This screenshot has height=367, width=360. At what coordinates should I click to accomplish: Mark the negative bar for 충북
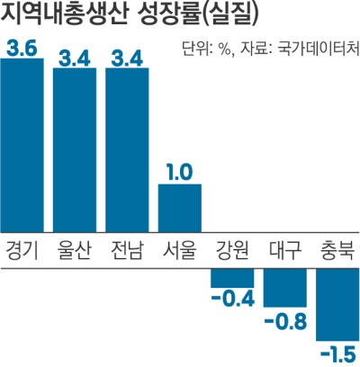337,306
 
